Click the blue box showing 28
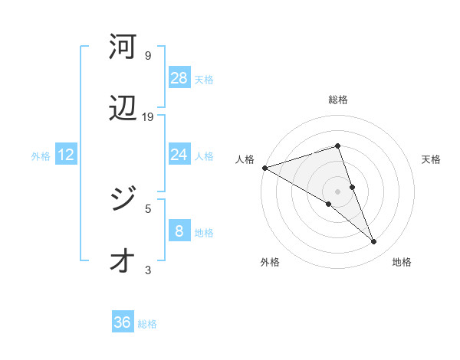[179, 78]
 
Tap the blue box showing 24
[179, 155]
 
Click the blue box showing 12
[66, 155]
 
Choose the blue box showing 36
[123, 323]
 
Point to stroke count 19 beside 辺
[149, 117]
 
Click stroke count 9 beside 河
[148, 56]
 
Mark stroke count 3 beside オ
[148, 270]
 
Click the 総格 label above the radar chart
[338, 100]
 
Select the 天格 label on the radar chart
[432, 159]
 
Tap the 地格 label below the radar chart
[402, 262]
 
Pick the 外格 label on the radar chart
[270, 262]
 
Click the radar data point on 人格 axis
[264, 168]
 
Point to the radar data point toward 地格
[374, 242]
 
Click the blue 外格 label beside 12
[41, 156]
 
